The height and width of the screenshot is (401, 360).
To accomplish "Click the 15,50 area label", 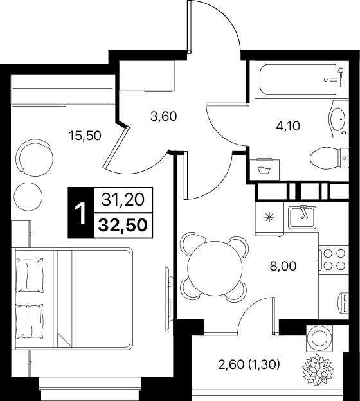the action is click(x=85, y=136).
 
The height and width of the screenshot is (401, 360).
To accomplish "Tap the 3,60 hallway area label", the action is click(x=164, y=117).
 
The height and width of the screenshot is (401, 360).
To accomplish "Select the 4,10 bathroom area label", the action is click(x=288, y=126).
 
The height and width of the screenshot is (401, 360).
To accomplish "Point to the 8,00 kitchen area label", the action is click(x=283, y=266).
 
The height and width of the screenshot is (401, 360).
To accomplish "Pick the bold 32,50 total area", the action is click(x=123, y=226).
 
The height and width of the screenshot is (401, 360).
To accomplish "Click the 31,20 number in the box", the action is click(x=123, y=200).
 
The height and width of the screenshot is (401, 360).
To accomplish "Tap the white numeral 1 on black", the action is click(x=81, y=213).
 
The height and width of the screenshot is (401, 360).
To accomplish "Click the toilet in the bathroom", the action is click(x=329, y=158).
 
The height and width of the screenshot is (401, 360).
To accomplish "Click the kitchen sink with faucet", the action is click(x=302, y=217).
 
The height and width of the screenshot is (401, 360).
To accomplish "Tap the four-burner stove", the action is click(x=334, y=260).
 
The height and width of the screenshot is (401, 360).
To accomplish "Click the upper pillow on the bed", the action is click(x=30, y=275).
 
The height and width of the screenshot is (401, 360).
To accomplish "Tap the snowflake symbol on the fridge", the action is click(x=269, y=218).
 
